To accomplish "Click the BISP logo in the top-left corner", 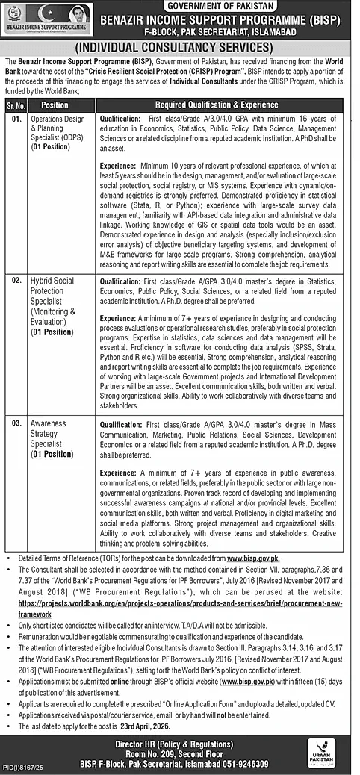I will click(x=47, y=16).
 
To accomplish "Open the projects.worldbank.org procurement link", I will click(x=179, y=601).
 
